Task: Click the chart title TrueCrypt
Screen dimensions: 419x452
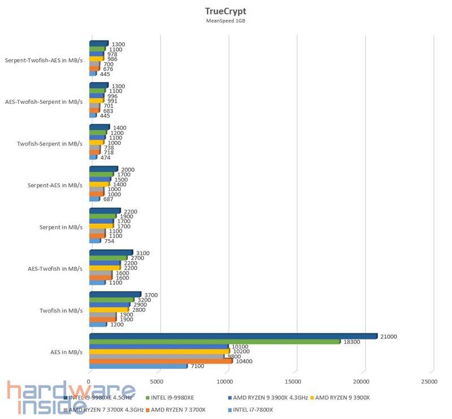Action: [225, 11]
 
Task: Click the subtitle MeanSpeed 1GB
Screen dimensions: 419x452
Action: [225, 21]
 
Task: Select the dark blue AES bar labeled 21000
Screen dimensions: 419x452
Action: [233, 336]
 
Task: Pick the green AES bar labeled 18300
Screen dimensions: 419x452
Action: [215, 342]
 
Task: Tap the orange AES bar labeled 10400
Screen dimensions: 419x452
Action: [160, 361]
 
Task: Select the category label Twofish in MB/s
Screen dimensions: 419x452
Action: [61, 310]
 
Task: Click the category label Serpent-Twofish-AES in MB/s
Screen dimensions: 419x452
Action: [44, 60]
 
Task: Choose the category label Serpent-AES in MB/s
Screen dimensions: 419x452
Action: [55, 185]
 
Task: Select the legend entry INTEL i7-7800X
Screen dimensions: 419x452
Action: [251, 409]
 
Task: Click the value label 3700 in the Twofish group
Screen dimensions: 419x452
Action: [151, 294]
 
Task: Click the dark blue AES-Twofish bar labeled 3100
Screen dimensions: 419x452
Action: [111, 253]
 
